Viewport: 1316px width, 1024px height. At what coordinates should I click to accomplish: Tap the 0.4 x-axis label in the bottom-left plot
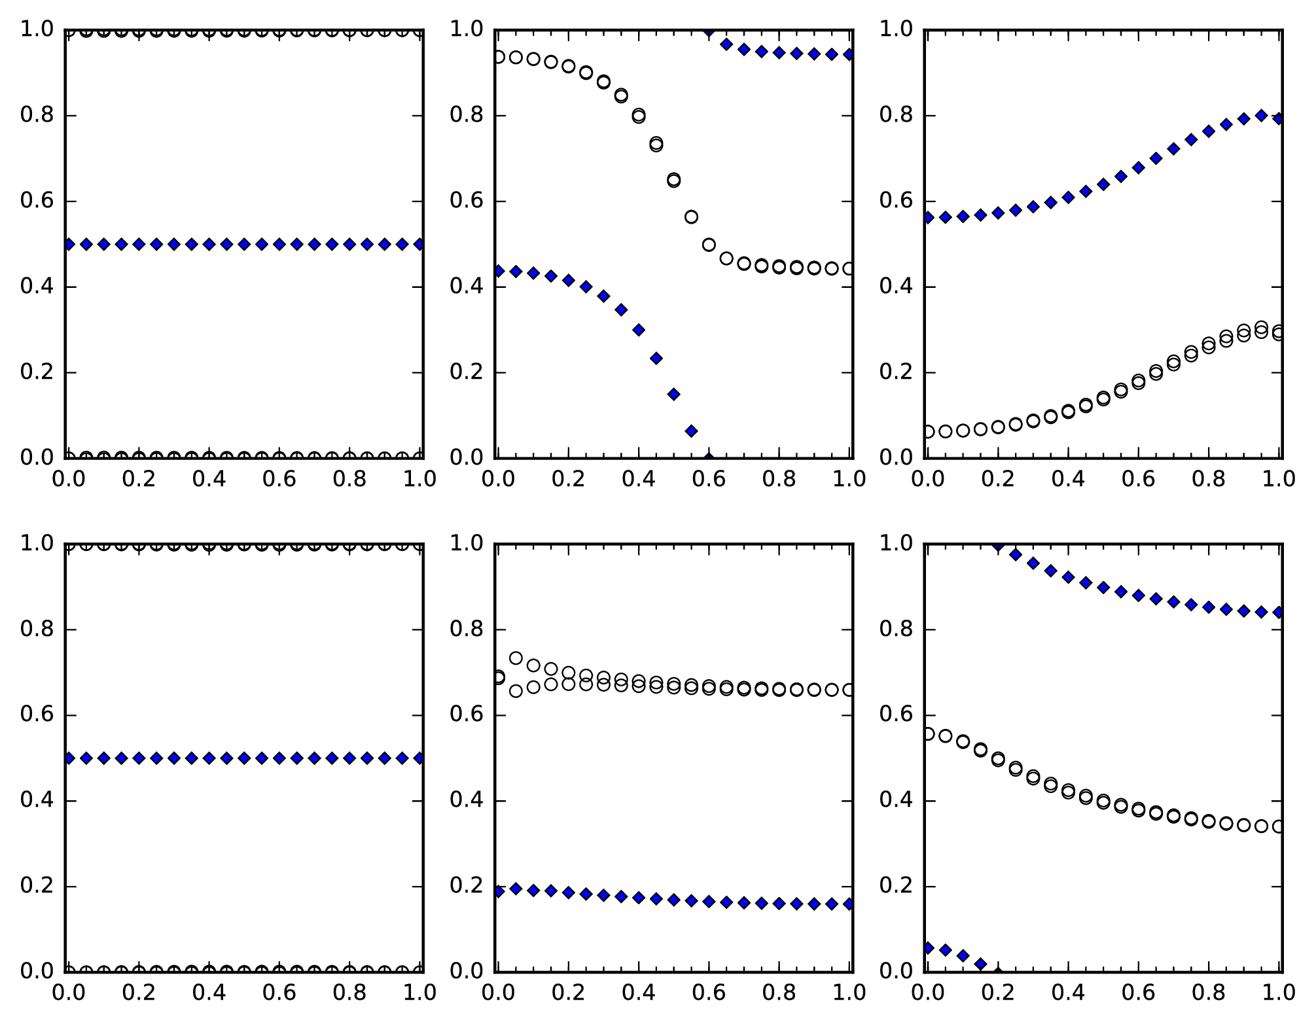coord(209,993)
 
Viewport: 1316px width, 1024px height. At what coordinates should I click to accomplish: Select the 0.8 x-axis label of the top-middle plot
coord(779,480)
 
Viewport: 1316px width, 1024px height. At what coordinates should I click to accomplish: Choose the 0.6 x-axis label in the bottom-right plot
coord(1138,993)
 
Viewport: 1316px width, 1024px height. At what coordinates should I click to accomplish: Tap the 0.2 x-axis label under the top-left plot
coord(139,480)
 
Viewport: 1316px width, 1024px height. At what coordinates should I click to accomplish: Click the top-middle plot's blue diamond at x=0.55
coord(691,431)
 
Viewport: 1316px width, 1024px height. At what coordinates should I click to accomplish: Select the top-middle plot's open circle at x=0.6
coord(709,245)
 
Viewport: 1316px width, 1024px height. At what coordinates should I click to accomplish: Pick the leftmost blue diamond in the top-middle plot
coord(499,270)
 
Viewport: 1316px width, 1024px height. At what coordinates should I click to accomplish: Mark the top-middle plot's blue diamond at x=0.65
coord(726,44)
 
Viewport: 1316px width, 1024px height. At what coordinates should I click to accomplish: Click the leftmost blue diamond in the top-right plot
coord(928,217)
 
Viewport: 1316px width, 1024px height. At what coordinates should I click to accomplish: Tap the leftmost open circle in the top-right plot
coord(928,432)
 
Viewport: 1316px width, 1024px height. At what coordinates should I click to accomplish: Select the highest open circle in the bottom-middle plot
coord(516,658)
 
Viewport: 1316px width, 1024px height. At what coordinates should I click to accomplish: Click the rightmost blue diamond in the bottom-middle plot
coord(849,904)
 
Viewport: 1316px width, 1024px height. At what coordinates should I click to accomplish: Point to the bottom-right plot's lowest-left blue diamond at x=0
coord(928,947)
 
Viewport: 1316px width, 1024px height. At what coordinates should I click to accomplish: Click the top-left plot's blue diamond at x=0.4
coord(209,244)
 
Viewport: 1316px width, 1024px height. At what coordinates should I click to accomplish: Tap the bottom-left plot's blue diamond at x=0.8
coord(349,758)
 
